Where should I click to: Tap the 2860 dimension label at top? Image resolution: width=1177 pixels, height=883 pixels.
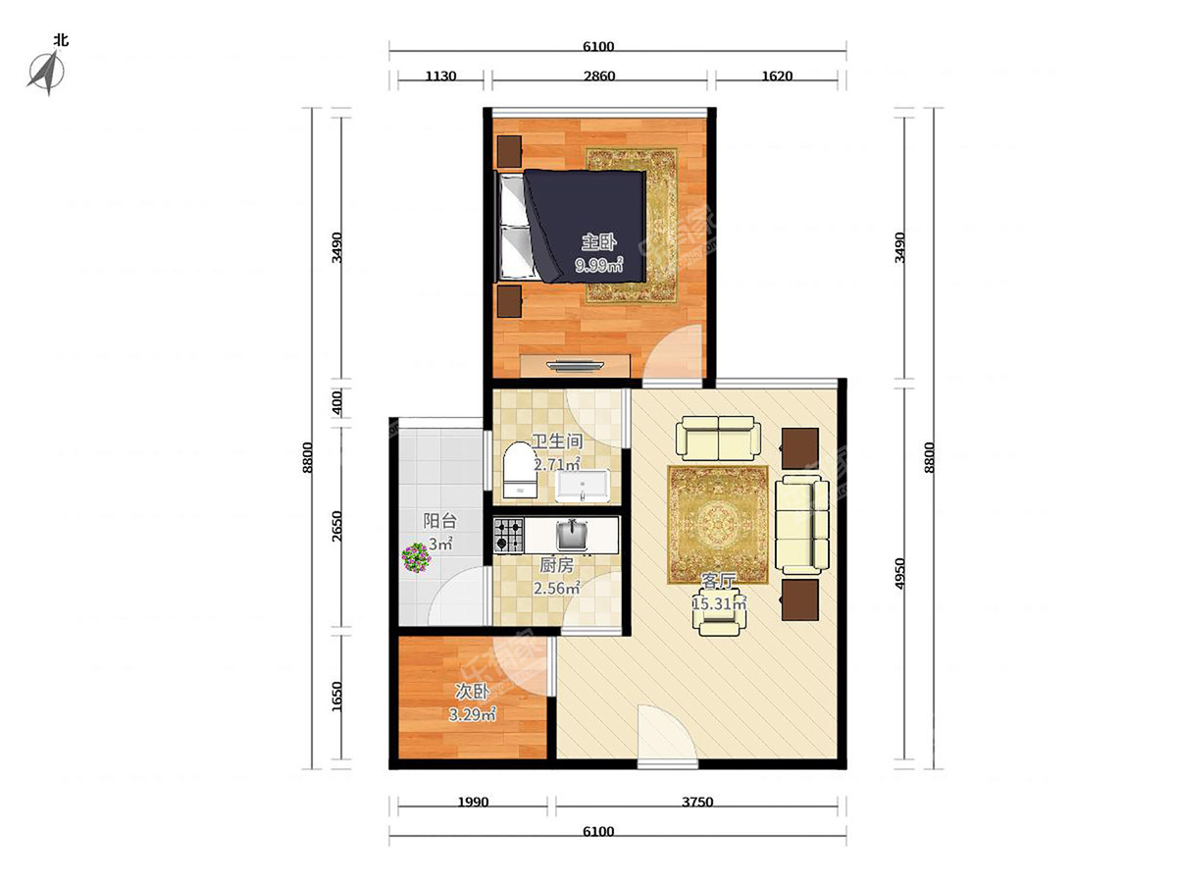(x=599, y=77)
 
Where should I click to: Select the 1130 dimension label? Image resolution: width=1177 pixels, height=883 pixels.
(x=440, y=77)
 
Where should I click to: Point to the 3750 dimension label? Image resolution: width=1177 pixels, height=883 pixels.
(x=697, y=802)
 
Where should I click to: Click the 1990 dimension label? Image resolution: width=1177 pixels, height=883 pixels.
(x=473, y=802)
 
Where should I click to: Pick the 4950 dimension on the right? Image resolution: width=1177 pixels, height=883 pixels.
(x=899, y=574)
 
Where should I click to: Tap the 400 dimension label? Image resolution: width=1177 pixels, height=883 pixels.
(x=336, y=403)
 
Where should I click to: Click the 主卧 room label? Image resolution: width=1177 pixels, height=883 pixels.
(x=599, y=242)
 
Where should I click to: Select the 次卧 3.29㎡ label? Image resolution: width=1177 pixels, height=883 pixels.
(x=472, y=702)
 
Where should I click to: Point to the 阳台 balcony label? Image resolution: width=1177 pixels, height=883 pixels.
(x=439, y=521)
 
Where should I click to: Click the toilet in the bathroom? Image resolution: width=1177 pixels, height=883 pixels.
(x=520, y=470)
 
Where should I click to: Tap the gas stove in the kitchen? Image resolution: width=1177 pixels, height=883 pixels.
(x=508, y=535)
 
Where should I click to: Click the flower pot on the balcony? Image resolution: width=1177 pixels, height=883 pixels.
(x=416, y=557)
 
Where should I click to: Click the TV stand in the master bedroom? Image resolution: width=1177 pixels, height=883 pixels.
(x=575, y=366)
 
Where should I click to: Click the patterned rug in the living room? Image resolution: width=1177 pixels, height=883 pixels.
(x=718, y=525)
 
